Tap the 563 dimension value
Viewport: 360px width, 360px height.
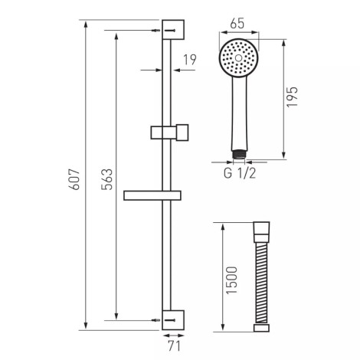tap(106, 179)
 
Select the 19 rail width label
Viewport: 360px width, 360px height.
tap(190, 60)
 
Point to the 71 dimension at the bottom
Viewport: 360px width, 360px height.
tap(174, 346)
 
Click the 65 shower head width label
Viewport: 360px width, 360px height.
tap(237, 24)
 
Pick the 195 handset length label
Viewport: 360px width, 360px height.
tap(293, 97)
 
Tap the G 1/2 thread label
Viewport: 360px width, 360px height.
tap(240, 173)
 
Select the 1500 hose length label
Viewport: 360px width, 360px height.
tap(232, 280)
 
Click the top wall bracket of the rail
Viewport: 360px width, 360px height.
tap(173, 30)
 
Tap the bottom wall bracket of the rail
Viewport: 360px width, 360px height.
tap(173, 320)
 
